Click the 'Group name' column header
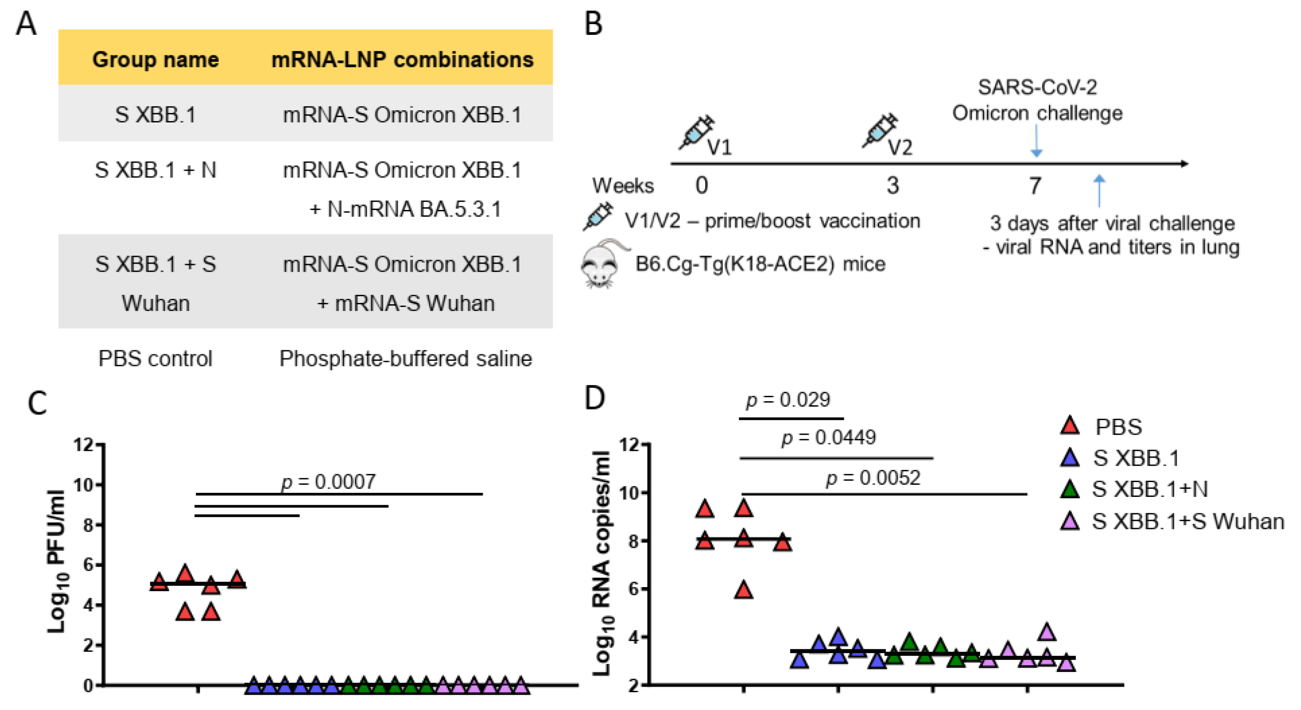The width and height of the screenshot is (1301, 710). coord(155,59)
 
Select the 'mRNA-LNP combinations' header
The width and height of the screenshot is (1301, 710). coord(402,59)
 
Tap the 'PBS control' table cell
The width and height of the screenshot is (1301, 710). coord(155,358)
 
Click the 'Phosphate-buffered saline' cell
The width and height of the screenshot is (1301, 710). coord(405,358)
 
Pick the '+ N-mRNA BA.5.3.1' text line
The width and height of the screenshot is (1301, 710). coord(405,209)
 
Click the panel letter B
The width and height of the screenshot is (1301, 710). coord(594,24)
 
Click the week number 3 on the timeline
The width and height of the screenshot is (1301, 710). coord(893,186)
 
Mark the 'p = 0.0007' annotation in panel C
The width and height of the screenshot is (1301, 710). coord(328,482)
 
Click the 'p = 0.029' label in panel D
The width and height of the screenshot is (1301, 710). coord(788,400)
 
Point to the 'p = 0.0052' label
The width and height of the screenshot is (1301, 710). coord(873,478)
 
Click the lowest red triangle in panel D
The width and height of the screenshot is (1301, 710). coord(743,590)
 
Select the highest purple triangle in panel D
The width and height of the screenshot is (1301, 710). coord(1047,632)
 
